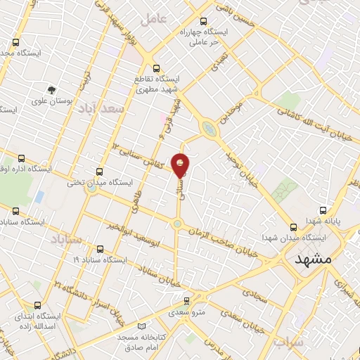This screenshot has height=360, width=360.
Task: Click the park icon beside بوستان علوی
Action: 51,89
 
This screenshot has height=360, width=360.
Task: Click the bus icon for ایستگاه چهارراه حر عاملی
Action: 204,21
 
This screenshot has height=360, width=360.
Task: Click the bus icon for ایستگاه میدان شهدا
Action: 295,226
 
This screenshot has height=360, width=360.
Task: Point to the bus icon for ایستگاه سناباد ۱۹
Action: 98,248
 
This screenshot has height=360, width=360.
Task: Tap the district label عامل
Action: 155,19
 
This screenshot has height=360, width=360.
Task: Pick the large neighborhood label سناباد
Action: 67,240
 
